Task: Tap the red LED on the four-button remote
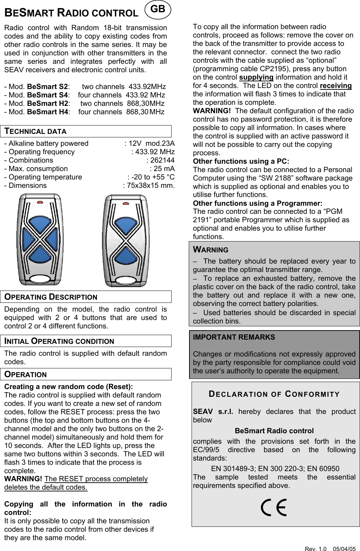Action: point(40,202)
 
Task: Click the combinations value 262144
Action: point(160,161)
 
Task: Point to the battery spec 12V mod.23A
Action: point(150,143)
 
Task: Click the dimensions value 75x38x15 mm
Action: point(149,186)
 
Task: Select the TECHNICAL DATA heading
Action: point(35,131)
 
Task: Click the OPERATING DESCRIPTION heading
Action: point(51,297)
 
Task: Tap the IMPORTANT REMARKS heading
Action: point(234,337)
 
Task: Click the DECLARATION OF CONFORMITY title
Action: point(274,394)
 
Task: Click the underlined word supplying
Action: point(256,77)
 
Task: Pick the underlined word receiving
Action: point(335,86)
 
